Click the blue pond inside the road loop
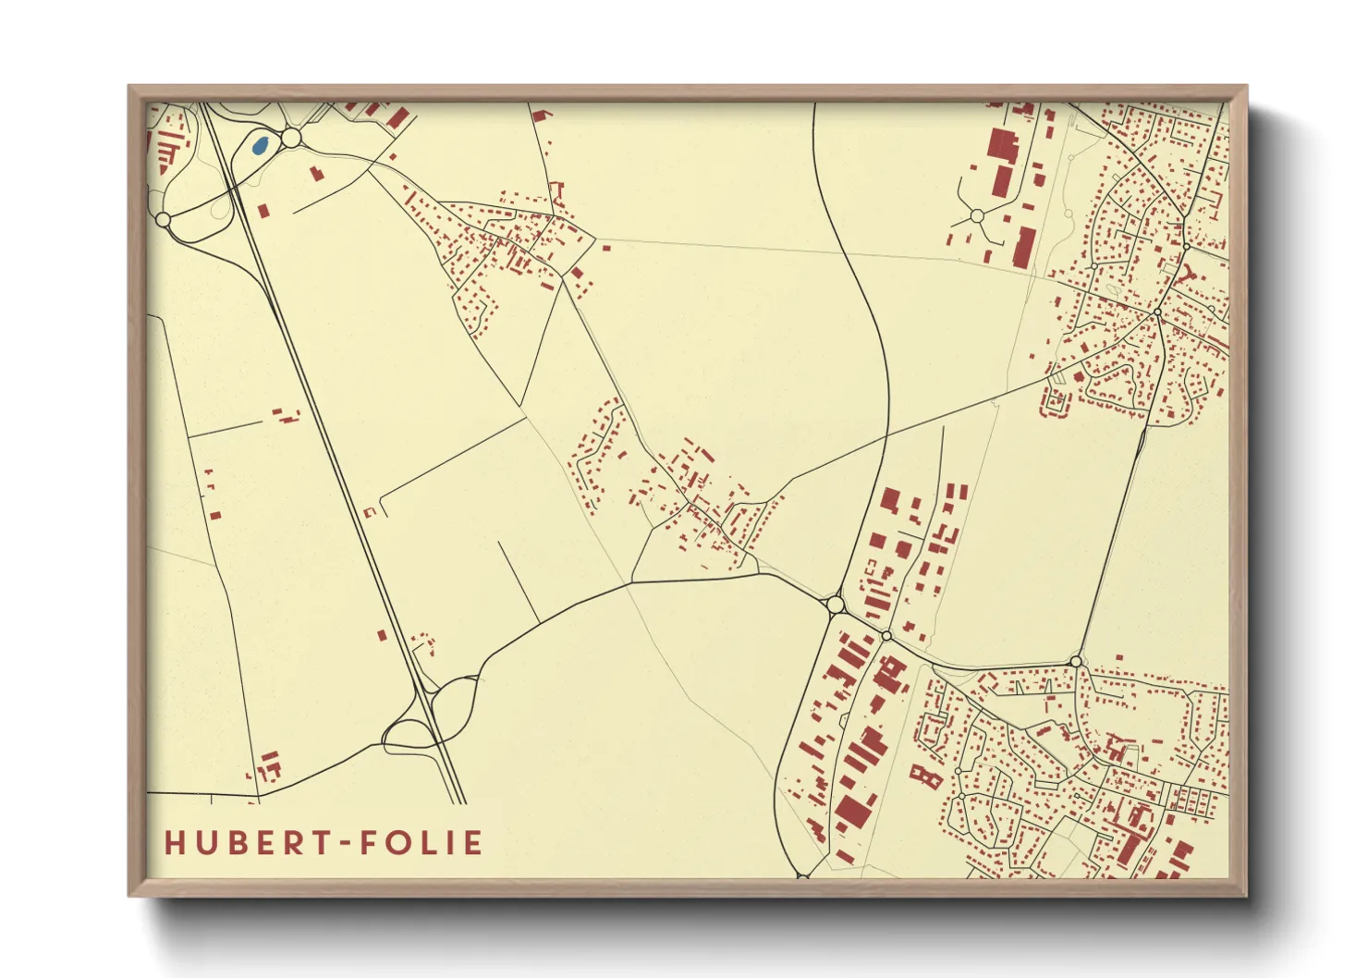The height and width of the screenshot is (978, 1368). tap(261, 145)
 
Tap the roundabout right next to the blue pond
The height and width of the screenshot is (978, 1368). tap(291, 138)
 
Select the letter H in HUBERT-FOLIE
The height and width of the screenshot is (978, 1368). tap(174, 843)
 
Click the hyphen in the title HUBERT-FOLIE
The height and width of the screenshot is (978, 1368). tap(341, 843)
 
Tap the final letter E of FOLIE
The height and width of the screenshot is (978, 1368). tap(473, 843)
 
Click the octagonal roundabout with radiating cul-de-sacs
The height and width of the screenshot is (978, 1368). tap(976, 216)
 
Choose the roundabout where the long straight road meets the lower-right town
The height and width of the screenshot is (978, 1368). tap(1076, 661)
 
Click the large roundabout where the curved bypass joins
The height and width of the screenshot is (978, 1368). tap(836, 605)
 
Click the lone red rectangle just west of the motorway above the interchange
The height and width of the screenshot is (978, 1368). tap(382, 635)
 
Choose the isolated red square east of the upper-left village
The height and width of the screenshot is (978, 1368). tap(606, 247)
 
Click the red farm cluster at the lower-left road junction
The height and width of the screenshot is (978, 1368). tap(268, 766)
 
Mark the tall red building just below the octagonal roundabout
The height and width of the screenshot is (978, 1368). tap(1023, 247)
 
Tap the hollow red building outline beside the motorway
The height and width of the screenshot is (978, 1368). tap(370, 511)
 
